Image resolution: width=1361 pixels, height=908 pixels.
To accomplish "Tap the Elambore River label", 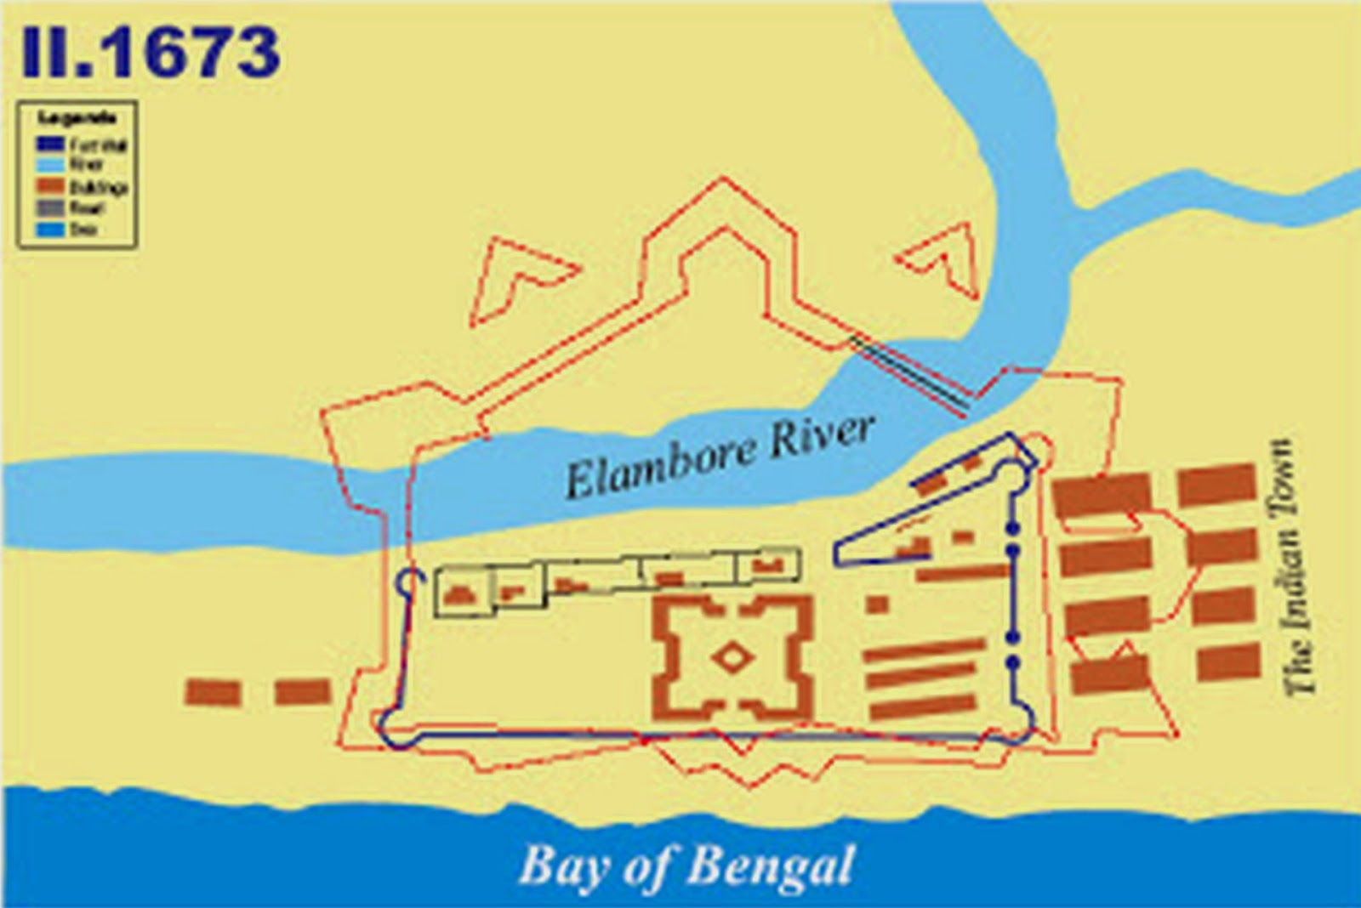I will [x=720, y=456].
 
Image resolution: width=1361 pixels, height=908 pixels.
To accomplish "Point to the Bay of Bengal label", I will [x=686, y=866].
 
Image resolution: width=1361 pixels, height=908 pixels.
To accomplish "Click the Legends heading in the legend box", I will [x=77, y=118].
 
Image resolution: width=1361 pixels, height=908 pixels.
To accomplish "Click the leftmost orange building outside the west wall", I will [x=213, y=692].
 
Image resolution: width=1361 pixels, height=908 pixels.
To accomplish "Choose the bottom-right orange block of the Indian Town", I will [x=1227, y=661].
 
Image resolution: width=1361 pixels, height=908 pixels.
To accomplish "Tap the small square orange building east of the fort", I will [x=878, y=604].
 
